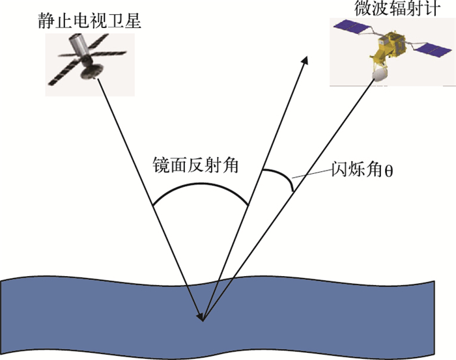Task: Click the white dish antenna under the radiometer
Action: click(378, 77)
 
